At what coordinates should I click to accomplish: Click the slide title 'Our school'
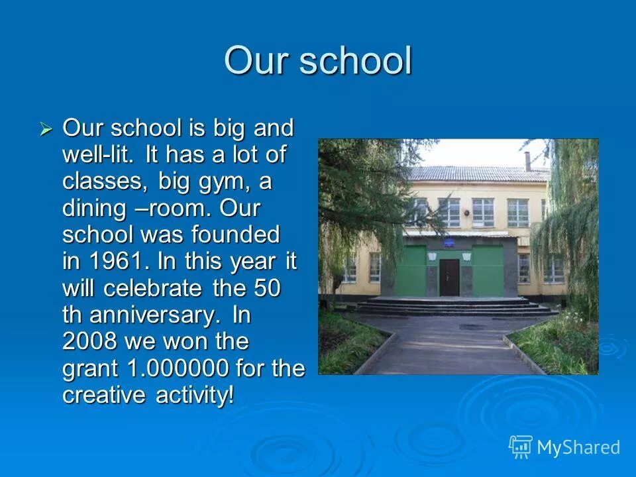318,61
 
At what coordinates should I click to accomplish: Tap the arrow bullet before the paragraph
46,129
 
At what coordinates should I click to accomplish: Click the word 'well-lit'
99,155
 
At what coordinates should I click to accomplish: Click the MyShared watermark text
578,447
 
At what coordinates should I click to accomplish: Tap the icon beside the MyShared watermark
521,447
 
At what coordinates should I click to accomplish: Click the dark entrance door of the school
449,276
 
